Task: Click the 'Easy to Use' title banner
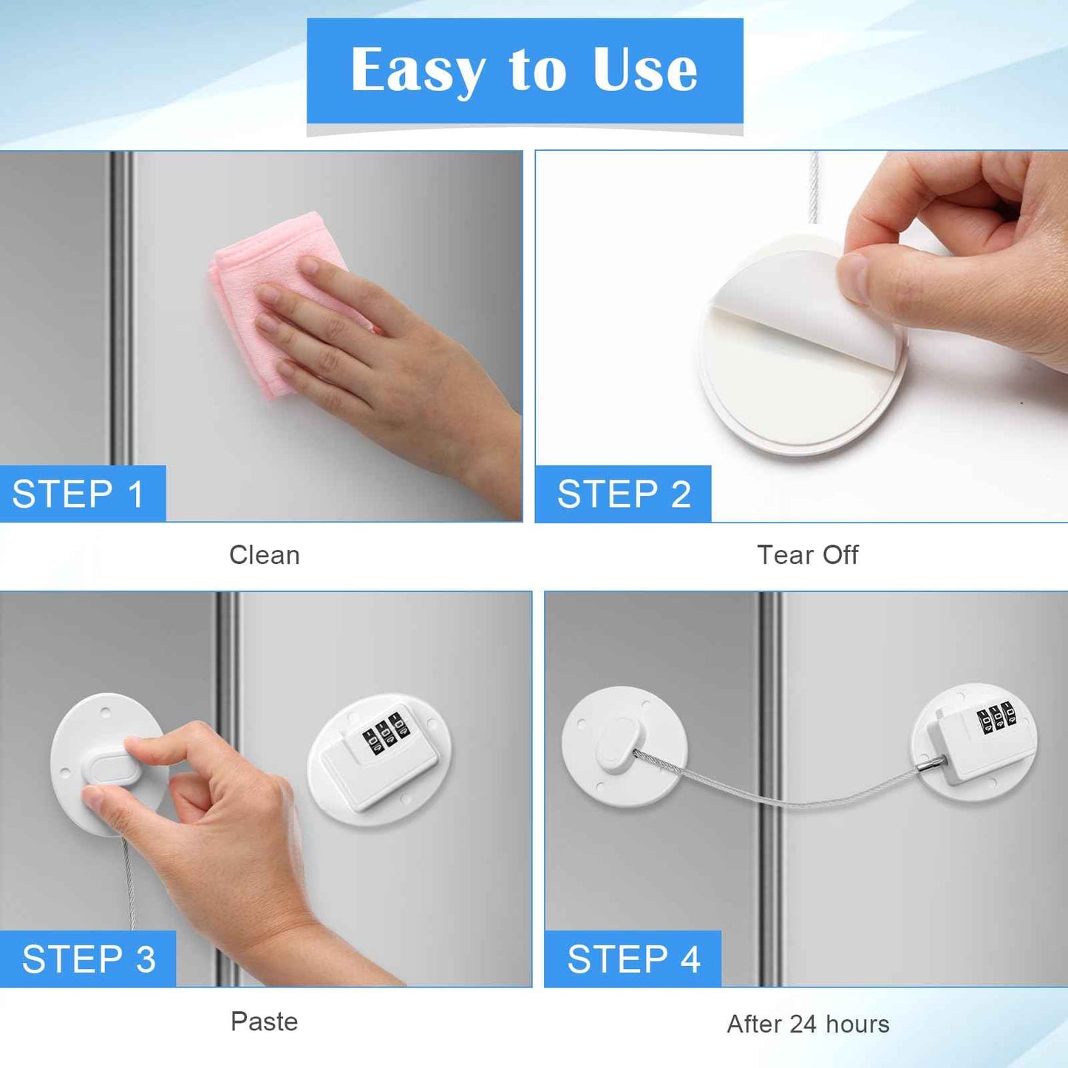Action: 524,70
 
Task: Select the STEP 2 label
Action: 624,494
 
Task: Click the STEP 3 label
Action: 89,959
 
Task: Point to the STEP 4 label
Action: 633,959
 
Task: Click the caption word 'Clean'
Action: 265,555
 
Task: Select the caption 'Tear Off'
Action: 807,555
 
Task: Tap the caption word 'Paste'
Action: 264,1021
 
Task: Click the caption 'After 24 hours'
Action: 808,1024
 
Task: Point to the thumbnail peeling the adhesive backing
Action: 854,277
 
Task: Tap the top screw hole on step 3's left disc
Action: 106,715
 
